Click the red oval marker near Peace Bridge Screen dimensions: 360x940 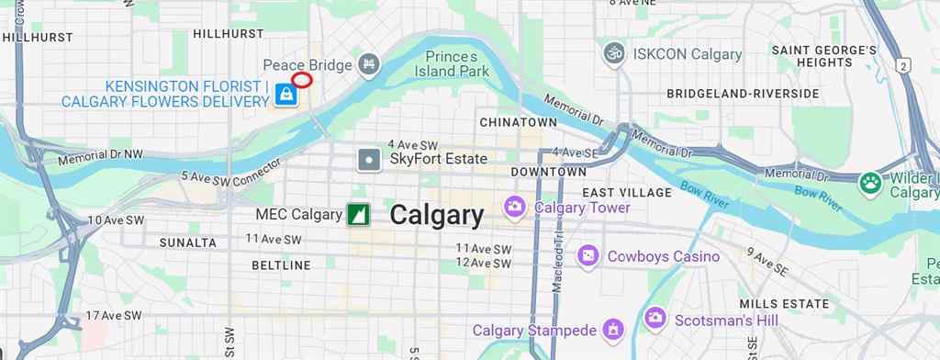(302, 80)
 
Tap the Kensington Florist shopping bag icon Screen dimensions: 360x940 (286, 95)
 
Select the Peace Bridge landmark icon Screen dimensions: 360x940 (369, 64)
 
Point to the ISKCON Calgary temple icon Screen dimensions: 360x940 (614, 53)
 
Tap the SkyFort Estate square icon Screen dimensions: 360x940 (369, 159)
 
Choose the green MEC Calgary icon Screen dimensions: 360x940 (358, 215)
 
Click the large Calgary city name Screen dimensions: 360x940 (436, 215)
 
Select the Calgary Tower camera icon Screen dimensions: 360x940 (515, 208)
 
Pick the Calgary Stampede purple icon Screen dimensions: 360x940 (613, 329)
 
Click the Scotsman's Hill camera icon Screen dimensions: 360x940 (655, 319)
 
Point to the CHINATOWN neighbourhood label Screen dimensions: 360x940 (518, 122)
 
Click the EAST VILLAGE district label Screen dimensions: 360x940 (627, 193)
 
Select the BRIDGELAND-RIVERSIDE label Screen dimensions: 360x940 (743, 94)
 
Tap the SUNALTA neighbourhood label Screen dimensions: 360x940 (188, 242)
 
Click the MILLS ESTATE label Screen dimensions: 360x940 (784, 304)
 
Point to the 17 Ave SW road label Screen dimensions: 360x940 (114, 315)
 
